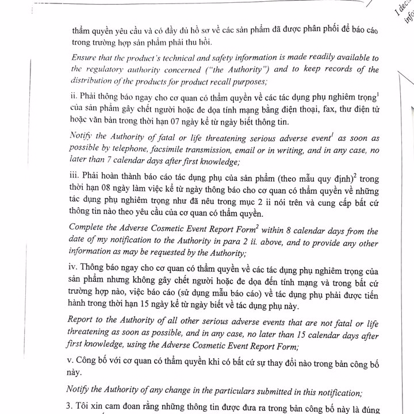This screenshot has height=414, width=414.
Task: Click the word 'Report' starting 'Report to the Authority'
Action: coord(81,320)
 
